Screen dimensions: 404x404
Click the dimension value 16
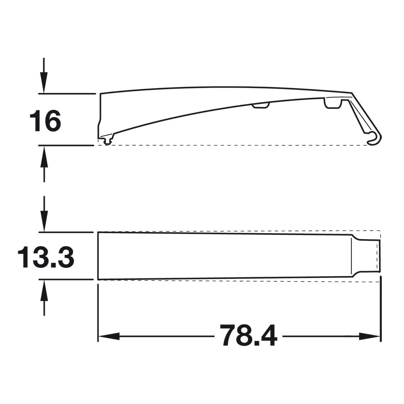pos(45,121)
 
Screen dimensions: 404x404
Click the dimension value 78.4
pos(248,336)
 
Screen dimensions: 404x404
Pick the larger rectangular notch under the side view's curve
pos(333,104)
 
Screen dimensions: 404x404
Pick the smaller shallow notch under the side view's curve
pos(261,105)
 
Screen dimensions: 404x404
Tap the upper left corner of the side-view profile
pos(101,94)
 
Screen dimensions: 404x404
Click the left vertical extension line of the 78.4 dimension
pos(98,311)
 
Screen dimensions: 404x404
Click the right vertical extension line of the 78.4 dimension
pos(381,311)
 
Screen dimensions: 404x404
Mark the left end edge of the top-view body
pos(98,256)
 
